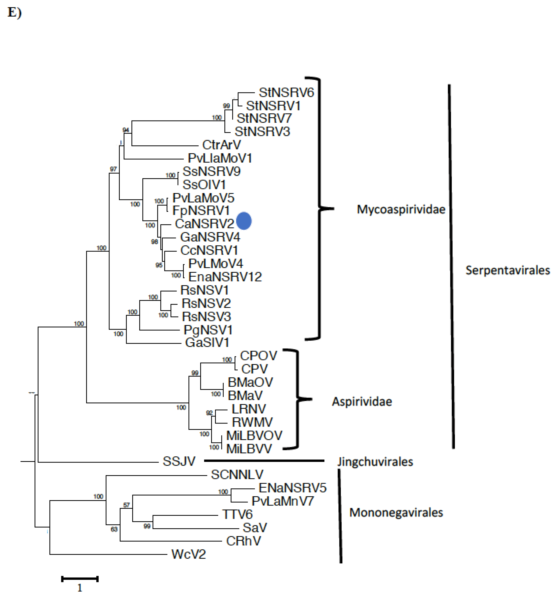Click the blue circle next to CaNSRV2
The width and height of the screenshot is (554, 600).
(x=244, y=221)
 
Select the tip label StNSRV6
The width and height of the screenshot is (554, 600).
(x=286, y=92)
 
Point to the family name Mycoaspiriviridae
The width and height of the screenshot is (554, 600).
(x=401, y=209)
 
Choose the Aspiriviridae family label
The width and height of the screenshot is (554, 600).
(x=362, y=401)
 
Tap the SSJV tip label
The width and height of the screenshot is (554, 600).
(x=179, y=461)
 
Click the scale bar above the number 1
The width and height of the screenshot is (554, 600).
(x=80, y=579)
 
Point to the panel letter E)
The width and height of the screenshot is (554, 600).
(x=14, y=13)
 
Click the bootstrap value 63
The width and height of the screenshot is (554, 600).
(x=114, y=529)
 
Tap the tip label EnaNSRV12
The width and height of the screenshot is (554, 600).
(x=225, y=277)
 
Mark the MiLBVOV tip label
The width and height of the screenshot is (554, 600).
(x=254, y=435)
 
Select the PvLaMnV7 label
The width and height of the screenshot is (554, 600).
(x=282, y=501)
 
